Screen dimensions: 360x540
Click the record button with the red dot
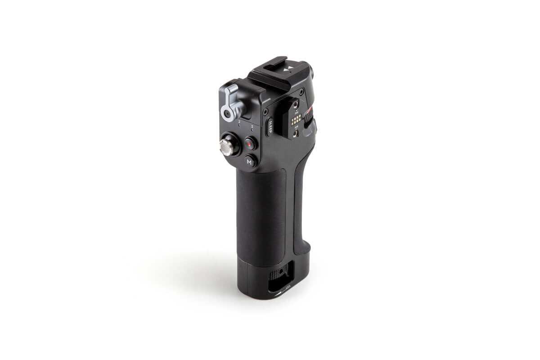(x=250, y=144)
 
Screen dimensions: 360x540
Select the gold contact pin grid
(x=296, y=120)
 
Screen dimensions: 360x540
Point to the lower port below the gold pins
(x=296, y=133)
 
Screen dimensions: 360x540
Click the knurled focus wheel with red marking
(x=309, y=119)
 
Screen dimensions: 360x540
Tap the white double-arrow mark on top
(x=290, y=68)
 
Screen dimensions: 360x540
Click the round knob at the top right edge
(x=311, y=71)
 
